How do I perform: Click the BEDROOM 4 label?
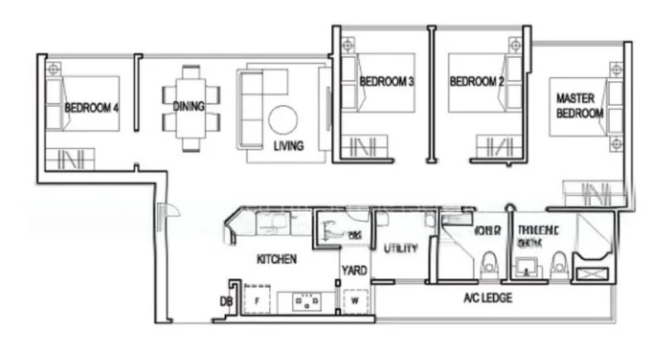tap(91, 108)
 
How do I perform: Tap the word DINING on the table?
tap(189, 106)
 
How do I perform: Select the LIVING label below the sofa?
tap(289, 146)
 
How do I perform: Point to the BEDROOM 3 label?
tap(386, 82)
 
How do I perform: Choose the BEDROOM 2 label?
tap(477, 82)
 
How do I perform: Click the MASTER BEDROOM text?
tap(579, 105)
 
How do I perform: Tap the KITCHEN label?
tap(276, 259)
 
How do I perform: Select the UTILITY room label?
tap(401, 248)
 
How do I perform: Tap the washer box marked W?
tap(353, 302)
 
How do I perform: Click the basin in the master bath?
tap(525, 266)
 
